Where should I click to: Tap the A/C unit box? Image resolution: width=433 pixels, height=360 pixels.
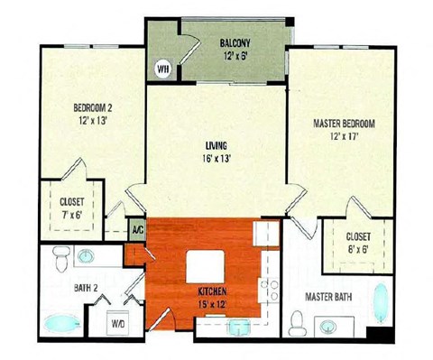[x=138, y=230]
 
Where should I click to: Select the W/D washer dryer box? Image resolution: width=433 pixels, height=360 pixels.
[x=118, y=323]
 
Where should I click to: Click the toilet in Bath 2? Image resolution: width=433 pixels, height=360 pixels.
[x=61, y=258]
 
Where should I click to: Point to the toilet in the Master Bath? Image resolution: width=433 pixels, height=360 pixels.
[x=298, y=324]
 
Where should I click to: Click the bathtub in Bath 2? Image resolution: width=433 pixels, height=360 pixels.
[x=62, y=323]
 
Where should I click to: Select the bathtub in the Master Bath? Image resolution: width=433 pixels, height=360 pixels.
[x=381, y=303]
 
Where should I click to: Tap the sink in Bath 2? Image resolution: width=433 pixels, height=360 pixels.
[x=86, y=256]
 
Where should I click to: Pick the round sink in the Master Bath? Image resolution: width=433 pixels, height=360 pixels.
[x=328, y=327]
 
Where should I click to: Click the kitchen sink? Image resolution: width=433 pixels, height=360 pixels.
[x=239, y=327]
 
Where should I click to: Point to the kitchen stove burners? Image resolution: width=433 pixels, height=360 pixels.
[x=270, y=290]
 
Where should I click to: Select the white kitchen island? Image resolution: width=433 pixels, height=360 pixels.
[x=206, y=266]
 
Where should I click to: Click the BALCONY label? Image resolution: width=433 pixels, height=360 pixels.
[x=235, y=43]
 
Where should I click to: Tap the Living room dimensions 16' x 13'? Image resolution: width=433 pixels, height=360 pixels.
[x=216, y=159]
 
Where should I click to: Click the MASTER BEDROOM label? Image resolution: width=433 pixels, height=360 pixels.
[x=344, y=124]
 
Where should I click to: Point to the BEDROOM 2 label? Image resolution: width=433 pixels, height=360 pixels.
[x=93, y=107]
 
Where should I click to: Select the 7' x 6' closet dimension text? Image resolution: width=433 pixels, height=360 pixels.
[x=72, y=215]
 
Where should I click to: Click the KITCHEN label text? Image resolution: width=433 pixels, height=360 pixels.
[x=212, y=291]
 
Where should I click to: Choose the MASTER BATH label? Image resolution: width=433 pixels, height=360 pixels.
[x=328, y=297]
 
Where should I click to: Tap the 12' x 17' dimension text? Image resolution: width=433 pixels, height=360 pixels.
[x=344, y=137]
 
